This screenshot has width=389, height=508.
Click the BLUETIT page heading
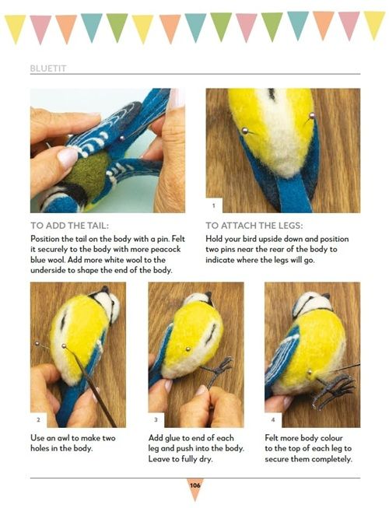48,68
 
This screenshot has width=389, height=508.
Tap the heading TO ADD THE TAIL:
70,226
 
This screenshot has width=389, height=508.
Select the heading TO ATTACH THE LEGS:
254,226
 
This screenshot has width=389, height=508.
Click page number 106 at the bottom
195,485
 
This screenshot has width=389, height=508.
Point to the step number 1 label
213,205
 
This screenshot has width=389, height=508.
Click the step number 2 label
38,420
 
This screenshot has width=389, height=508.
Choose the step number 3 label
156,420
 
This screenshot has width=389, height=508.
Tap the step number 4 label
273,420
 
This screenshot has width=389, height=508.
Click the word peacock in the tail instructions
166,250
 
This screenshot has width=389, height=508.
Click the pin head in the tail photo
122,138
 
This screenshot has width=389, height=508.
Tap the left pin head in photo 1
245,131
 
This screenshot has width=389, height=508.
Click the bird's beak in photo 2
104,289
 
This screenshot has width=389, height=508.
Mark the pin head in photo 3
187,349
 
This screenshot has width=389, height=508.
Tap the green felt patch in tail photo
87,172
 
